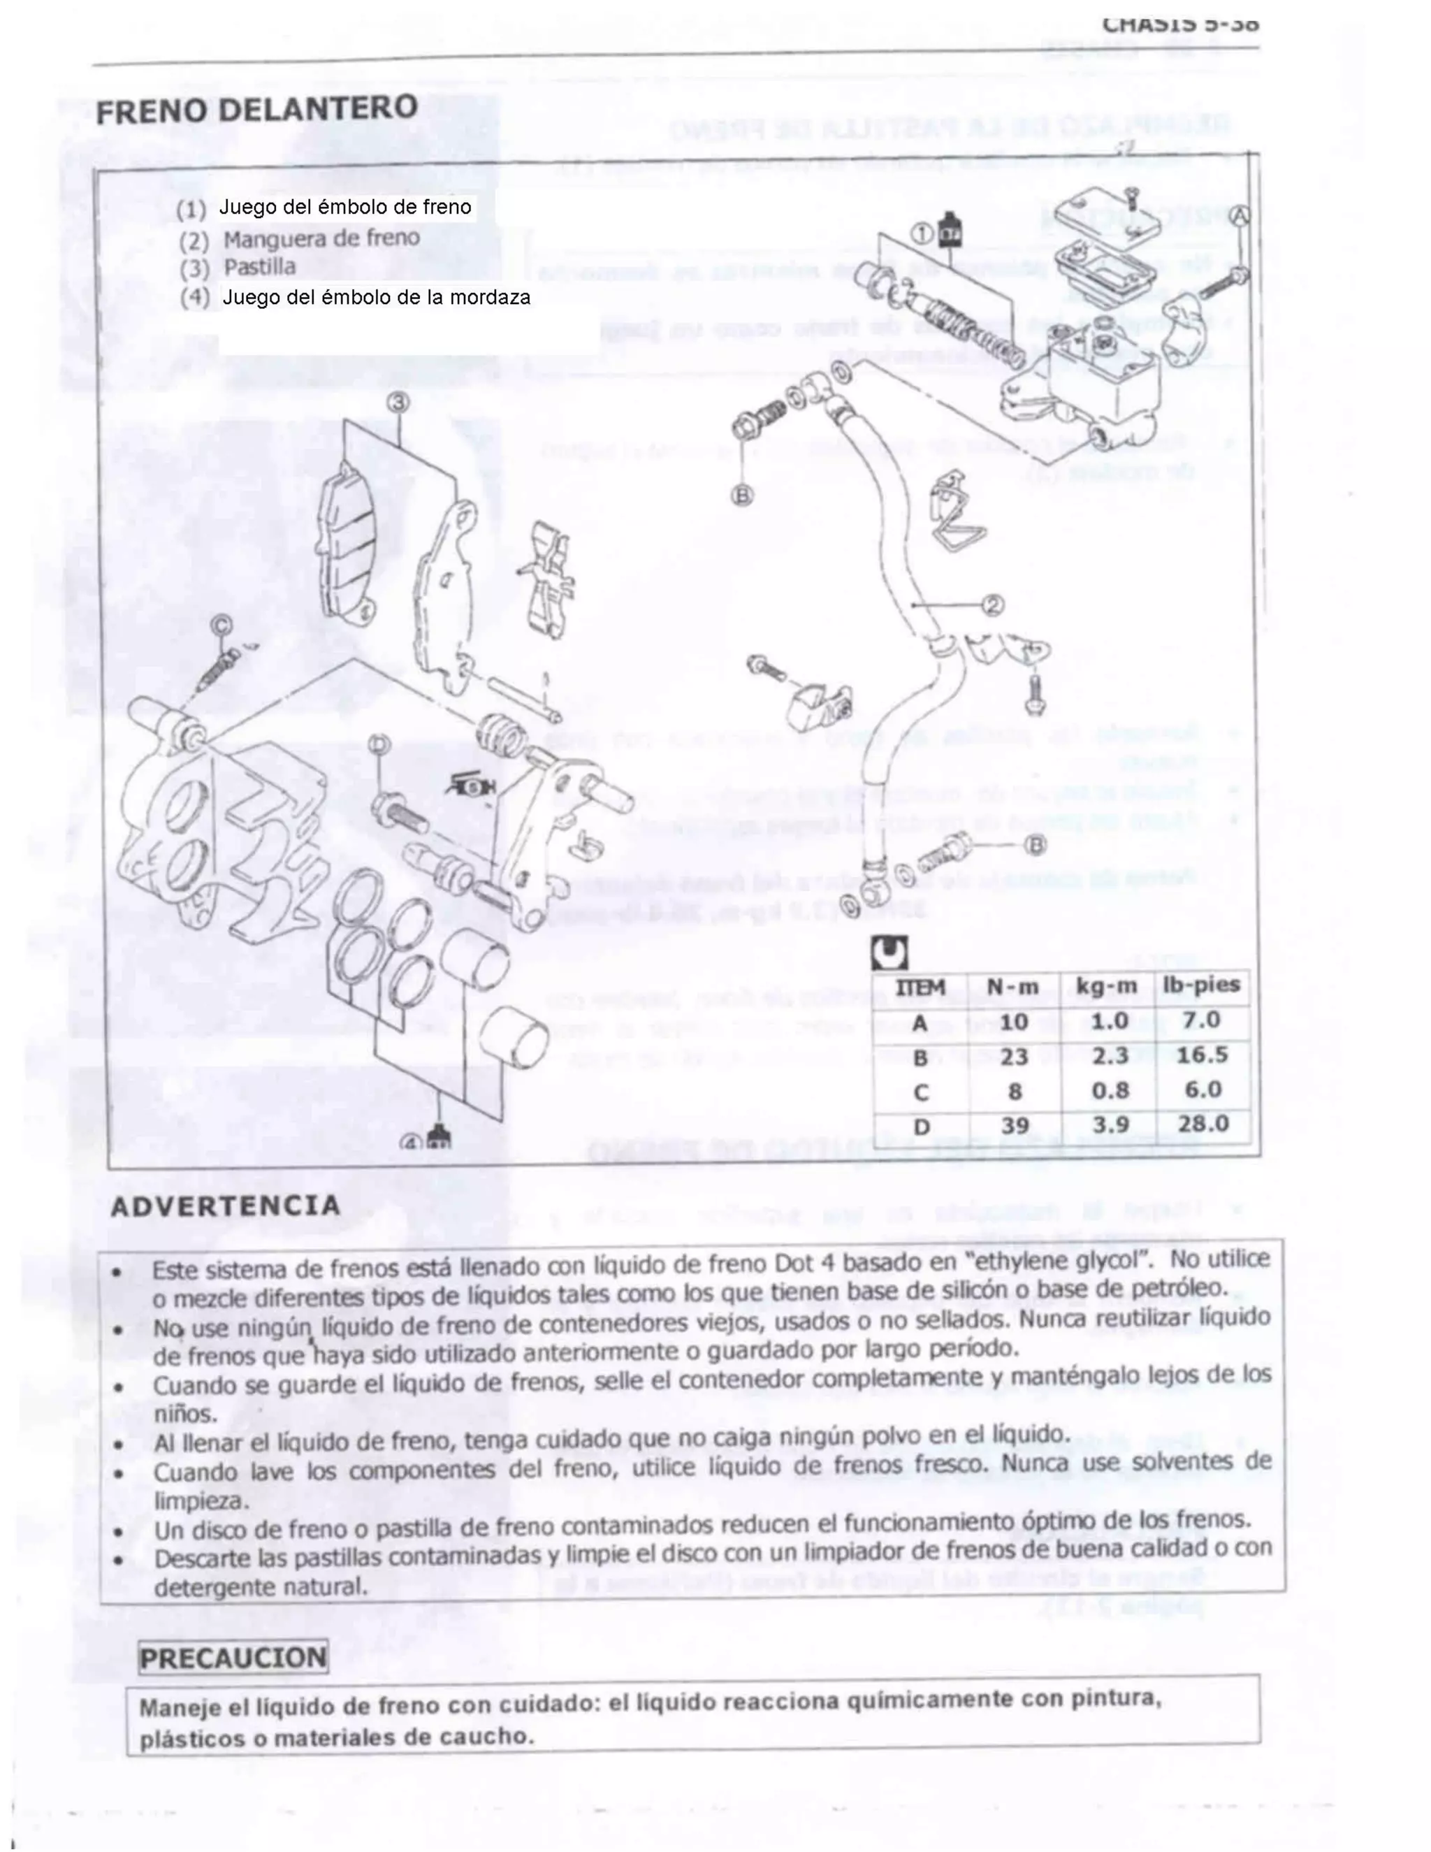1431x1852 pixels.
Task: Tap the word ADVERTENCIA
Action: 226,1206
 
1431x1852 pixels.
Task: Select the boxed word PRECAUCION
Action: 233,1657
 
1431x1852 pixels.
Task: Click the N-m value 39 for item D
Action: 1014,1125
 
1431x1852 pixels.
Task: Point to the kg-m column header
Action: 1106,986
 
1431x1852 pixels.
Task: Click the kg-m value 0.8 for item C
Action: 1109,1090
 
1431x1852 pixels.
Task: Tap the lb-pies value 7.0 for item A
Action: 1202,1020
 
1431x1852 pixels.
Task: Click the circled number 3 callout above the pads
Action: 398,402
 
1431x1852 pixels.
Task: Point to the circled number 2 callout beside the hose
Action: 993,605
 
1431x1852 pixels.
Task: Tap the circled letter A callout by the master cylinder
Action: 1240,215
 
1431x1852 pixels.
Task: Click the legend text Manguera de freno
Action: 321,238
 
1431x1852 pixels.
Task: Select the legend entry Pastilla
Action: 259,267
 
